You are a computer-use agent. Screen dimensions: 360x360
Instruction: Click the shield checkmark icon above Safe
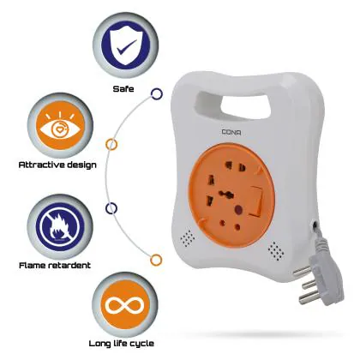125,45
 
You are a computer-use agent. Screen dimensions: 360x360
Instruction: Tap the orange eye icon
60,125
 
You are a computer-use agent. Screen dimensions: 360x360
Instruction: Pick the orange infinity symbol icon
124,305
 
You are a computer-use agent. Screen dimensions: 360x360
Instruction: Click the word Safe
123,89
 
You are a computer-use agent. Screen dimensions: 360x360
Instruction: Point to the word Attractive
42,165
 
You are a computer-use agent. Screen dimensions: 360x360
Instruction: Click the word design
81,165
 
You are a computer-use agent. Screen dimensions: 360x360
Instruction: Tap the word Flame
32,265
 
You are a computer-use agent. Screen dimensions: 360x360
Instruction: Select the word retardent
69,265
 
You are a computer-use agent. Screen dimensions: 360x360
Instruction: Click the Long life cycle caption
122,344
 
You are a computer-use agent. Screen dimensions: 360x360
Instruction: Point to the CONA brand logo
231,132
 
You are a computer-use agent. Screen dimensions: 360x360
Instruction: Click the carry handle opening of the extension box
233,105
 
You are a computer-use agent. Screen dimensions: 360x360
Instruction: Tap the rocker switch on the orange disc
256,201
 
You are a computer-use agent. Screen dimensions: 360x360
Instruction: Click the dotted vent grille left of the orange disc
188,238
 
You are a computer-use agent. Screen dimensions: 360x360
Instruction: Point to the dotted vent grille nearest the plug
276,251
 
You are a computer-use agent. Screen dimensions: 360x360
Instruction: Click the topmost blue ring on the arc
157,93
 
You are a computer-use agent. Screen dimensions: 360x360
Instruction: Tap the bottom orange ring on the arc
156,260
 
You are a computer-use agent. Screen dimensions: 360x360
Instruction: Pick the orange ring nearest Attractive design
111,145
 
